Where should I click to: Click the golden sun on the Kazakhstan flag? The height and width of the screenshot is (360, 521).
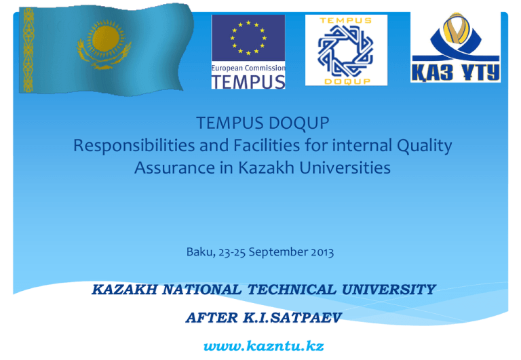click(106, 39)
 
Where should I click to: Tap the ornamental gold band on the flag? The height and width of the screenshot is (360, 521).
click(28, 49)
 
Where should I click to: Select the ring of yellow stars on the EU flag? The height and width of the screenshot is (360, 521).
click(248, 37)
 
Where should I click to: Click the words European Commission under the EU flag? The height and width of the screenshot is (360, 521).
click(248, 68)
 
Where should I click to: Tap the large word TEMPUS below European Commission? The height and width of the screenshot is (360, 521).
click(248, 82)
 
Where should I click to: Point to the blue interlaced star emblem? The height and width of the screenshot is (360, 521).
click(346, 50)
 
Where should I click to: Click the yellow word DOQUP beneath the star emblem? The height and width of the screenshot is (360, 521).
click(347, 81)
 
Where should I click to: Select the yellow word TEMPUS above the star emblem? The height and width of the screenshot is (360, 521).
click(345, 20)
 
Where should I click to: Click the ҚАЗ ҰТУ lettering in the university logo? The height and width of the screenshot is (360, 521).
click(456, 72)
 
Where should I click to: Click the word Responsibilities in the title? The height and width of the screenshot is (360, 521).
click(134, 146)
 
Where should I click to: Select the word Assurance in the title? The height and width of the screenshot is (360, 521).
click(174, 167)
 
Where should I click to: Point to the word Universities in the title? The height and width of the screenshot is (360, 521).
click(345, 167)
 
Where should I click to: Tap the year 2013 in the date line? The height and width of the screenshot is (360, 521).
click(322, 252)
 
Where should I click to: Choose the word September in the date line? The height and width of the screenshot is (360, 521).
click(278, 252)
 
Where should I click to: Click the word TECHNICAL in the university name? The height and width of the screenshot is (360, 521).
click(292, 289)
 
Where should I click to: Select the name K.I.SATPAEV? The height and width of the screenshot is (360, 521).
click(292, 317)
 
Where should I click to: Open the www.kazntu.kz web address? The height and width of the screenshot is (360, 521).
click(263, 346)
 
